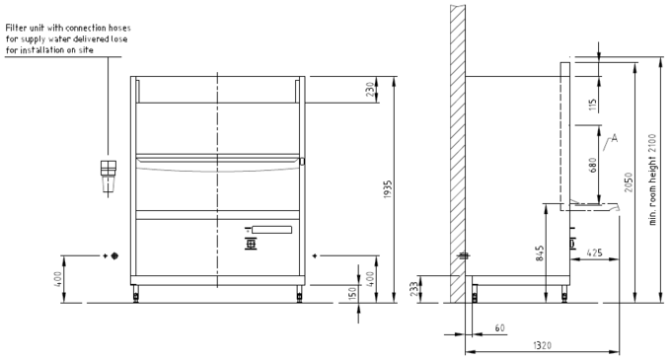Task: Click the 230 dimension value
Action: click(x=370, y=90)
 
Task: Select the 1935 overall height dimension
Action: click(x=387, y=189)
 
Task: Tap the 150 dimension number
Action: click(x=352, y=294)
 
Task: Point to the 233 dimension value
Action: click(x=415, y=289)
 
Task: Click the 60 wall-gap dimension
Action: click(x=500, y=327)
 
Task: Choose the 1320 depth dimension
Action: click(x=542, y=345)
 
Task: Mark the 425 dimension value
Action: click(x=594, y=252)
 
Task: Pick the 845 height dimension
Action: click(x=540, y=253)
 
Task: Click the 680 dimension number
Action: click(x=593, y=166)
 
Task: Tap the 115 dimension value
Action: click(x=593, y=106)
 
